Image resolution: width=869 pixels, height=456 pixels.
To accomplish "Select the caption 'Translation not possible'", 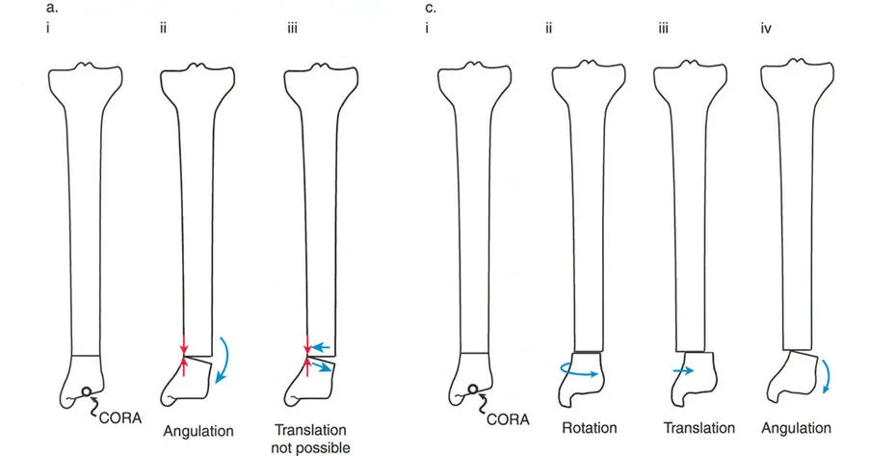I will (311, 438).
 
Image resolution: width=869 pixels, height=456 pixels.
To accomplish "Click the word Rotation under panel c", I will (588, 428).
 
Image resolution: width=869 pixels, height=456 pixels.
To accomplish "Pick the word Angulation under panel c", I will (796, 428).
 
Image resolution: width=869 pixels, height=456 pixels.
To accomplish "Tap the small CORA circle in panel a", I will (87, 392).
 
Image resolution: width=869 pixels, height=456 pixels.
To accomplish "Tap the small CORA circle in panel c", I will (475, 391).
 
